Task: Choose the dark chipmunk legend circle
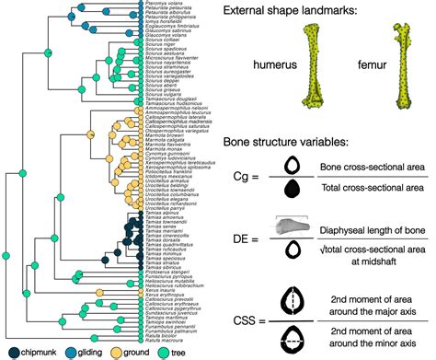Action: [x=10, y=352]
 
